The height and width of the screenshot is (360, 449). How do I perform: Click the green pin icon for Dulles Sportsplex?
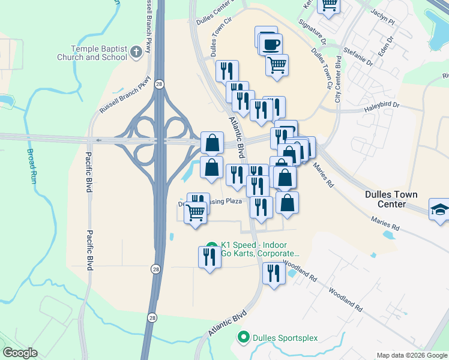[243, 337]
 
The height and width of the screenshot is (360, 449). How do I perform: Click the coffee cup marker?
[272, 43]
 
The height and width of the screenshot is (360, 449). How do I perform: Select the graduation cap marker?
[440, 209]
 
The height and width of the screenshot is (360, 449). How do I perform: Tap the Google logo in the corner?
[20, 353]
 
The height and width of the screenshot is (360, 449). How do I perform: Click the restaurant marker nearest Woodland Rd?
[274, 273]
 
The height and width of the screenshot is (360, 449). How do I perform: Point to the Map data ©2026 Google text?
[412, 355]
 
